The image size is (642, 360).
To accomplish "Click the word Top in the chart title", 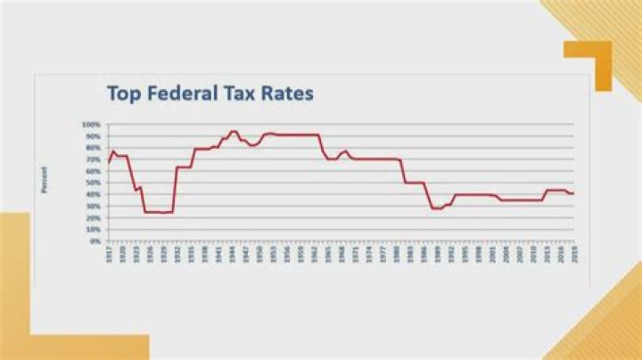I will point(123,93).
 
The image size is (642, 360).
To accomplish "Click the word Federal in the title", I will point(181,93).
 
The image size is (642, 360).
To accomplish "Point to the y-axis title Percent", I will point(42,181).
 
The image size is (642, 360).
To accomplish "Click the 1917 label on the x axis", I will point(109,252).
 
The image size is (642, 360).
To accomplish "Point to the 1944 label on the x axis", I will point(231,252).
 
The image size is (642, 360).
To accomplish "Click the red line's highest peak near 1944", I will point(233,131).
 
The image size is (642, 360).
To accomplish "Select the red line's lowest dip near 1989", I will point(435,209).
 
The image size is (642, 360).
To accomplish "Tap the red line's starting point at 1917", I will point(108,162).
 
